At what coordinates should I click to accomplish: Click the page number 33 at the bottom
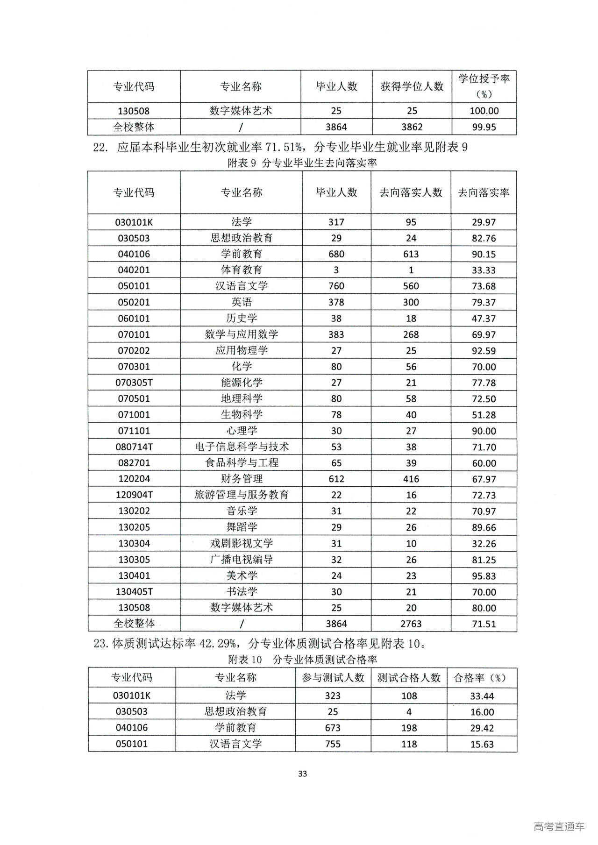[x=302, y=774]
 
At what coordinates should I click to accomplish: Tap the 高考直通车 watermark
[x=559, y=827]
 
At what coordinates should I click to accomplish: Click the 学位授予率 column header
[x=484, y=86]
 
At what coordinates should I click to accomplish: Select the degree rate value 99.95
[x=484, y=127]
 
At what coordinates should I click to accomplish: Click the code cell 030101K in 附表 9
[x=134, y=222]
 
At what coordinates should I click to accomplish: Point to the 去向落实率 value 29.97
[x=484, y=222]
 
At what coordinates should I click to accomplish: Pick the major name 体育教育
[x=242, y=270]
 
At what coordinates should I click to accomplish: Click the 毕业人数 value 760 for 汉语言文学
[x=336, y=286]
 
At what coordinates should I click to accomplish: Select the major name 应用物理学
[x=242, y=350]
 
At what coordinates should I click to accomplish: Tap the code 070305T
[x=134, y=383]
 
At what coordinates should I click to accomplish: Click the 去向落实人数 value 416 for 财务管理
[x=411, y=479]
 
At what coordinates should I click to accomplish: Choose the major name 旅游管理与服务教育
[x=242, y=495]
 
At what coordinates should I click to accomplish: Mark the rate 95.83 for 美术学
[x=484, y=576]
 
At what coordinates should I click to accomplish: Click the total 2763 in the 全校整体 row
[x=411, y=624]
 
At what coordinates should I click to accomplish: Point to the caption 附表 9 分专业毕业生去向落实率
[x=302, y=163]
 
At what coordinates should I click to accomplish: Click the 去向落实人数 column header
[x=411, y=192]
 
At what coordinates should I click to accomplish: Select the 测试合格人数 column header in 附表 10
[x=409, y=677]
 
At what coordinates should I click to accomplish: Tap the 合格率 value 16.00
[x=482, y=712]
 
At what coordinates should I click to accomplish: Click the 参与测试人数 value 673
[x=333, y=728]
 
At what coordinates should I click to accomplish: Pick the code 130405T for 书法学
[x=134, y=592]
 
